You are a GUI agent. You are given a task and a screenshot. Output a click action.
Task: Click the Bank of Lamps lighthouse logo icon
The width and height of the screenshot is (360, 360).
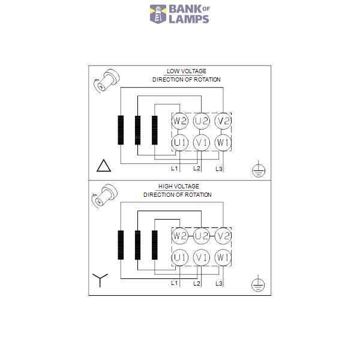point(158,14)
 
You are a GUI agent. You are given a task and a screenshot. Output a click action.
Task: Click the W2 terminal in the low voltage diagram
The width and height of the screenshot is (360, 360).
point(180,121)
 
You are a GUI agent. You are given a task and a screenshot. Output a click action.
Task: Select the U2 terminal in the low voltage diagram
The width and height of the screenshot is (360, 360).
point(202,121)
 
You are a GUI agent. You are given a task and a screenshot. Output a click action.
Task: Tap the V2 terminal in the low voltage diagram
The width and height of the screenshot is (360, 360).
point(223,121)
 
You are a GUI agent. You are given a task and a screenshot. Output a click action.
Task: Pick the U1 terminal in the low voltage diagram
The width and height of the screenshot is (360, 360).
point(180,143)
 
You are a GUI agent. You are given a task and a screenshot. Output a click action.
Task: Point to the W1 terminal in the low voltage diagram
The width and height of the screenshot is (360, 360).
point(223,143)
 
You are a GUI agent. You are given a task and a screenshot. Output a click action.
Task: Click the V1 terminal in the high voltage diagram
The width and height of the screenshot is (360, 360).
point(202,257)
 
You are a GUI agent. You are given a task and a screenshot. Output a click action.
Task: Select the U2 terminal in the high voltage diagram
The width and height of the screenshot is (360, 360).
point(202,236)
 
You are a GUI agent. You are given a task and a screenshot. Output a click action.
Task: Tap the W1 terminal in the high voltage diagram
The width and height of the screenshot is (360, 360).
point(223,257)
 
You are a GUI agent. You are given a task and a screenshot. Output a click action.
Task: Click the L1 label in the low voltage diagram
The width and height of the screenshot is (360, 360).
point(175,169)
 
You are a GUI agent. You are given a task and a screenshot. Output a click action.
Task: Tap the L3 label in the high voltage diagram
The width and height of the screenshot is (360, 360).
point(219,284)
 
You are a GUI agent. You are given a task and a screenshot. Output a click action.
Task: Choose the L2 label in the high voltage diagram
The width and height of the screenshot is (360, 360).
point(197,284)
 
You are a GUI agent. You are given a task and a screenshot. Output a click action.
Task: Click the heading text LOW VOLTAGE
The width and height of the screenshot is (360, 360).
point(187,71)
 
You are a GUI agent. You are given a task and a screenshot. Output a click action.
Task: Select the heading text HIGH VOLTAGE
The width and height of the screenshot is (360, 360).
point(179,187)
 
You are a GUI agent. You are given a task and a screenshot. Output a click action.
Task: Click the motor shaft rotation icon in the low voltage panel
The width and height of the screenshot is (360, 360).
point(107,80)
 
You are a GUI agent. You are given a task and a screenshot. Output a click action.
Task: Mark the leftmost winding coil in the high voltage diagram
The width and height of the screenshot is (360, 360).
point(121,245)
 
